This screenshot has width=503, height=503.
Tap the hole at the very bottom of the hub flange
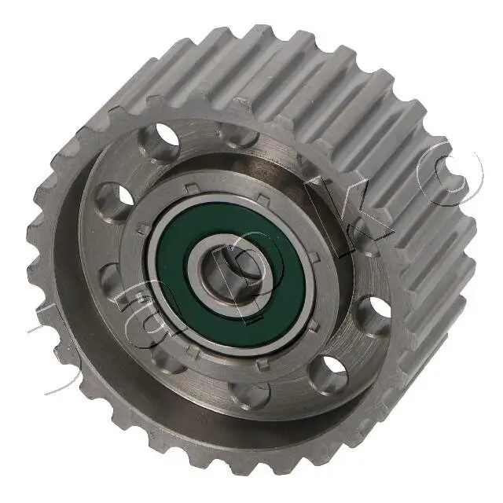click(x=250, y=393)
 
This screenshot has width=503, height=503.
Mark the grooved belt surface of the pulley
click(x=314, y=94)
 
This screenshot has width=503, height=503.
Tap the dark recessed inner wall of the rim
click(x=102, y=346)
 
